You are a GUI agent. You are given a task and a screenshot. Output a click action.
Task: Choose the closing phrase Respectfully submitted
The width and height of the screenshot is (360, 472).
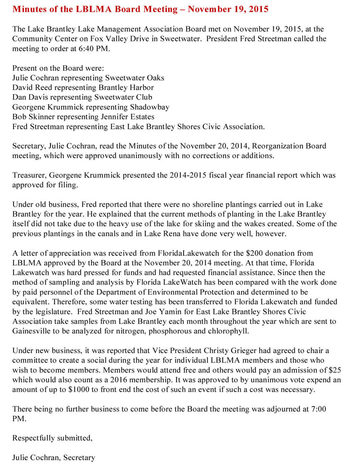pyautogui.click(x=52, y=438)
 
